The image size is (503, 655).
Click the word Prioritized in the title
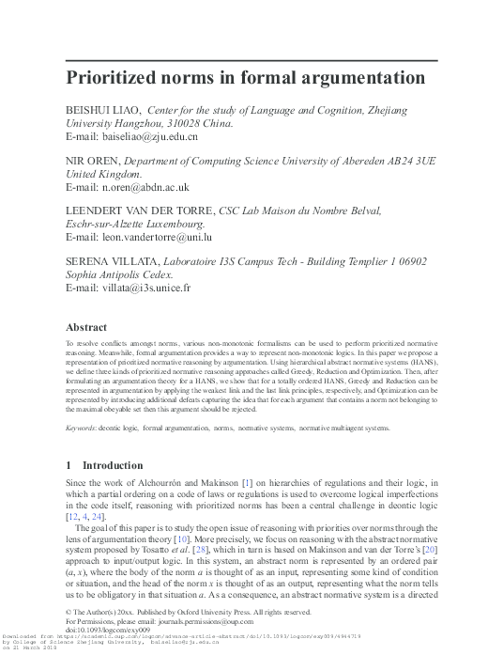pos(115,77)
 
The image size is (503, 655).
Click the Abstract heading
pos(85,328)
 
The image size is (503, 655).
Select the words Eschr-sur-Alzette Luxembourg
pos(134,226)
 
